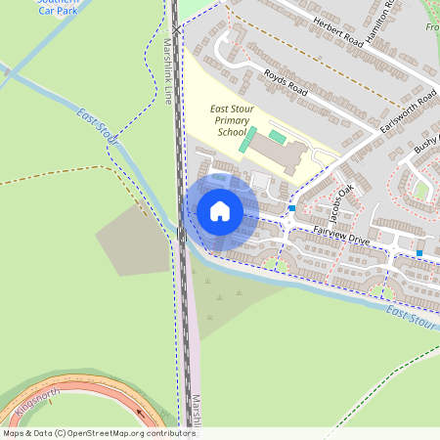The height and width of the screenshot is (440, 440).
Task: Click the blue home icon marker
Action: click(220, 211)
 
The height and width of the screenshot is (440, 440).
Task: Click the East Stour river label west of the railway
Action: click(97, 128)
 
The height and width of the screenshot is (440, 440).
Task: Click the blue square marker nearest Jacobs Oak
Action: click(292, 207)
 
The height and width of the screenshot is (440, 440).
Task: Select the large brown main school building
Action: click(278, 154)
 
